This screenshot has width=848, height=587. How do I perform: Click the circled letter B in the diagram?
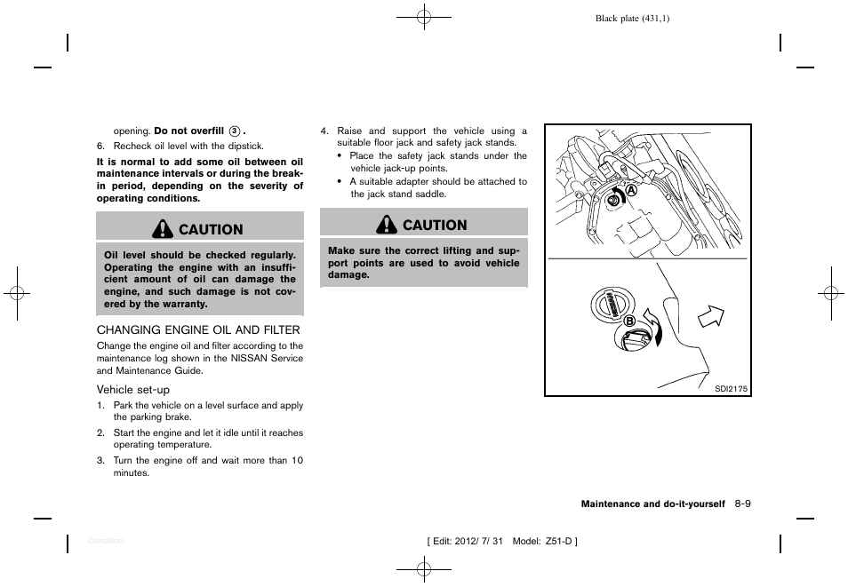[628, 321]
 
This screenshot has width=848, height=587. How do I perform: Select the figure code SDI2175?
[732, 388]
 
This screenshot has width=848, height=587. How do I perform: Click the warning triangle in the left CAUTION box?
[164, 229]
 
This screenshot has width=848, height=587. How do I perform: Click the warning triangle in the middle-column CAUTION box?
[388, 226]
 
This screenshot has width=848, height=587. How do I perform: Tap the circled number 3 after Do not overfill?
[235, 131]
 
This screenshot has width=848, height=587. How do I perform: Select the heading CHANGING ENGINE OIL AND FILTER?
[198, 329]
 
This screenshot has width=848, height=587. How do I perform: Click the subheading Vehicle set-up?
[133, 390]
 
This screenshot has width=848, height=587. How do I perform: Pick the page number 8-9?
[743, 504]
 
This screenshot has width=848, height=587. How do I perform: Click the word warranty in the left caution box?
[183, 304]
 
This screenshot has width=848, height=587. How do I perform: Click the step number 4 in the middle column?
[324, 131]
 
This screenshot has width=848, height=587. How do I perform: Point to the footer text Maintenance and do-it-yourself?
[652, 504]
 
